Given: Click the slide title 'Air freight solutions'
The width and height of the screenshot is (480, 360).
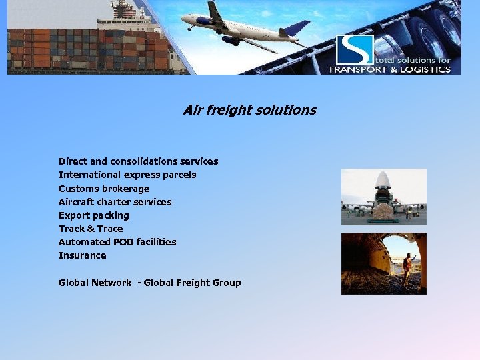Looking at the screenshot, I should [x=249, y=110].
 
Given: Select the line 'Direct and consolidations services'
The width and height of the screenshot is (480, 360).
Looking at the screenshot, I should [x=138, y=161].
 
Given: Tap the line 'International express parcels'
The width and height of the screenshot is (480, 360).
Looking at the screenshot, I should [x=127, y=175].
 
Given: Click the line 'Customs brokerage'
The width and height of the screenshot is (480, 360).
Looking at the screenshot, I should [x=104, y=189].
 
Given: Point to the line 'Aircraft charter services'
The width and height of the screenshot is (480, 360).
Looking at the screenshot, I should [x=115, y=202].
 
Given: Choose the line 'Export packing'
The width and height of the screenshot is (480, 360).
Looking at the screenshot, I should [x=93, y=215].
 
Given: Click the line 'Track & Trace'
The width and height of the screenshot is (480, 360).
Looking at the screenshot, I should [x=91, y=229].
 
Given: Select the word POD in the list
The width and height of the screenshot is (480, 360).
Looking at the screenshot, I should [x=123, y=242].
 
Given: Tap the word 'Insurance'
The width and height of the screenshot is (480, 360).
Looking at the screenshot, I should [x=82, y=255].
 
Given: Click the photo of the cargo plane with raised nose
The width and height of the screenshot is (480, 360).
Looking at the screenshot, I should [x=383, y=197].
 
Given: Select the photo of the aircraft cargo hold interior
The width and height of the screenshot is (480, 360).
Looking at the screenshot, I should [x=383, y=263].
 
